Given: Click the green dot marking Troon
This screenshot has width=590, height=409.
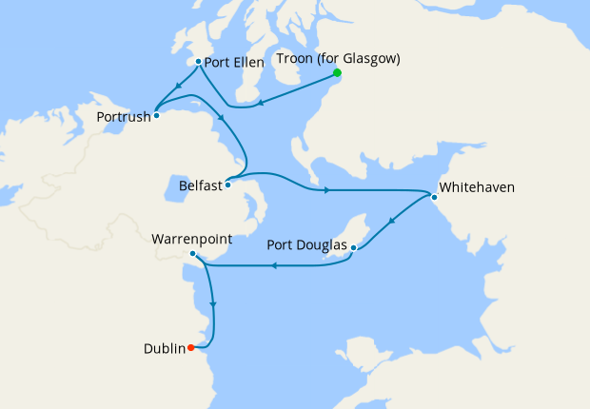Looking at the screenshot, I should pyautogui.click(x=337, y=72).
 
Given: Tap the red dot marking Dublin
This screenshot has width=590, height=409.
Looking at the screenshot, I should pyautogui.click(x=191, y=347).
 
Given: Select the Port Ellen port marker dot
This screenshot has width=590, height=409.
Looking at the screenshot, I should pyautogui.click(x=197, y=62).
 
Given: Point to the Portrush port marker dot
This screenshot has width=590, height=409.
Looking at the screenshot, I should pyautogui.click(x=156, y=115).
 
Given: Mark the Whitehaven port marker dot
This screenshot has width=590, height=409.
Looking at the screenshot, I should pyautogui.click(x=434, y=198).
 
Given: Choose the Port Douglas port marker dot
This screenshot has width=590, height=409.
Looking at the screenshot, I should pyautogui.click(x=353, y=248).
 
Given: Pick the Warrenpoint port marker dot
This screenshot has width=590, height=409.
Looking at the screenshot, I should pyautogui.click(x=192, y=253).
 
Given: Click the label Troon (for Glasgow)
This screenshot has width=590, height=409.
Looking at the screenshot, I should pyautogui.click(x=338, y=58).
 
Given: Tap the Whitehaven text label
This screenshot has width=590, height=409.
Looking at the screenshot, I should pyautogui.click(x=476, y=187).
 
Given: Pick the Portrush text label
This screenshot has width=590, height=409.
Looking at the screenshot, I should pyautogui.click(x=124, y=117).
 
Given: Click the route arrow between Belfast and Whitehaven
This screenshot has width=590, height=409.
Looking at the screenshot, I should pyautogui.click(x=326, y=190).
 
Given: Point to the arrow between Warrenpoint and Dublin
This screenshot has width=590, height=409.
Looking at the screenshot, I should pyautogui.click(x=212, y=304).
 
